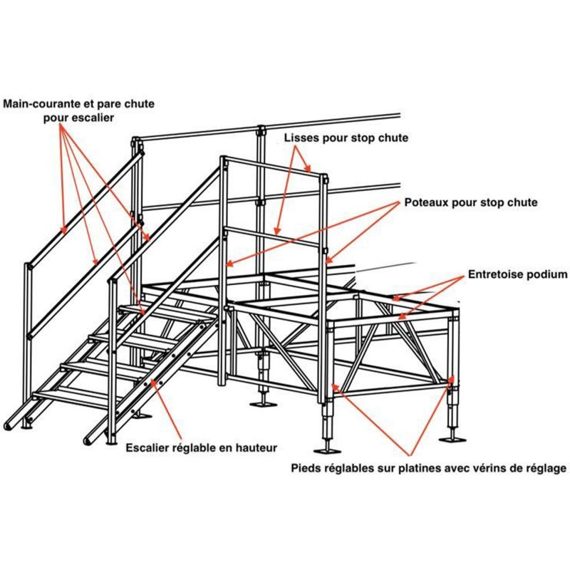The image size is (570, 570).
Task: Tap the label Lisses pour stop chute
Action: click(x=346, y=138)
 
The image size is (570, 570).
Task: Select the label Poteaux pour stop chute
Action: click(x=470, y=202)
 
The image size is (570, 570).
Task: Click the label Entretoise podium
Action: click(x=517, y=274)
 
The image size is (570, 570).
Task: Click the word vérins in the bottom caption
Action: click(x=485, y=468)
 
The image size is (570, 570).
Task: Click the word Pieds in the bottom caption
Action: click(x=309, y=468)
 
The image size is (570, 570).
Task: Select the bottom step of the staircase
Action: click(x=68, y=393)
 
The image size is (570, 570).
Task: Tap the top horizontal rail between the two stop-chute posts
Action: click(x=274, y=168)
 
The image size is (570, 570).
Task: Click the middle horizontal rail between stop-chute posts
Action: click(x=274, y=235)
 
